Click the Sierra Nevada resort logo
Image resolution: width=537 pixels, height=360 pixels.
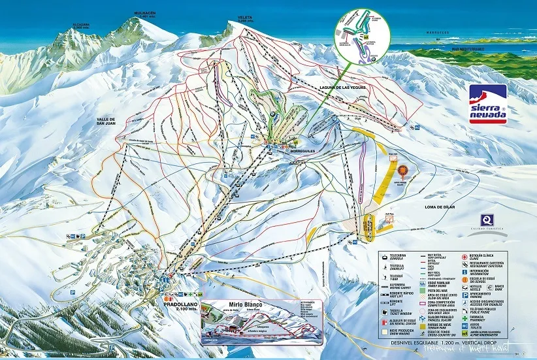coord(488,105)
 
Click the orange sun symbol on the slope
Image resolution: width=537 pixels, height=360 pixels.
coord(402,171)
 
